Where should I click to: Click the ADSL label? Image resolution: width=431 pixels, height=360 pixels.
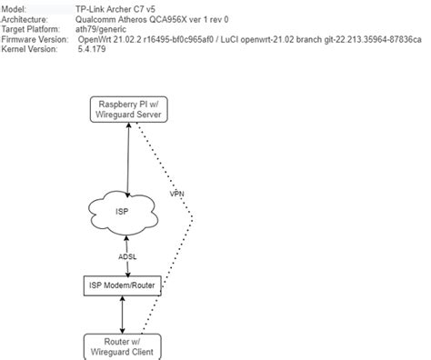[127, 255]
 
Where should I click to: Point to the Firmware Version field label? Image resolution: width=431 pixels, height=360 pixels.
[35, 40]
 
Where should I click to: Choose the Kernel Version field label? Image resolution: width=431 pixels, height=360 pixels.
[30, 51]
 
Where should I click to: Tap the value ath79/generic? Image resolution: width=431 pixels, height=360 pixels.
[105, 29]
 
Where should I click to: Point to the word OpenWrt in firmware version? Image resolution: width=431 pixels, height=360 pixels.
[99, 40]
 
